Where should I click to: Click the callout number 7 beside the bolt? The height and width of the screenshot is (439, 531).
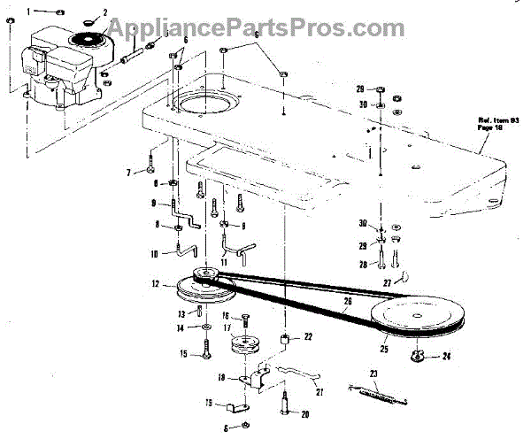pos(128,171)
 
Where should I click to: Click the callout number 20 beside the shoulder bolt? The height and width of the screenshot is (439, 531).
pos(305,412)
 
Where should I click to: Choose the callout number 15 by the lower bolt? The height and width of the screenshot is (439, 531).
pos(185,355)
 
